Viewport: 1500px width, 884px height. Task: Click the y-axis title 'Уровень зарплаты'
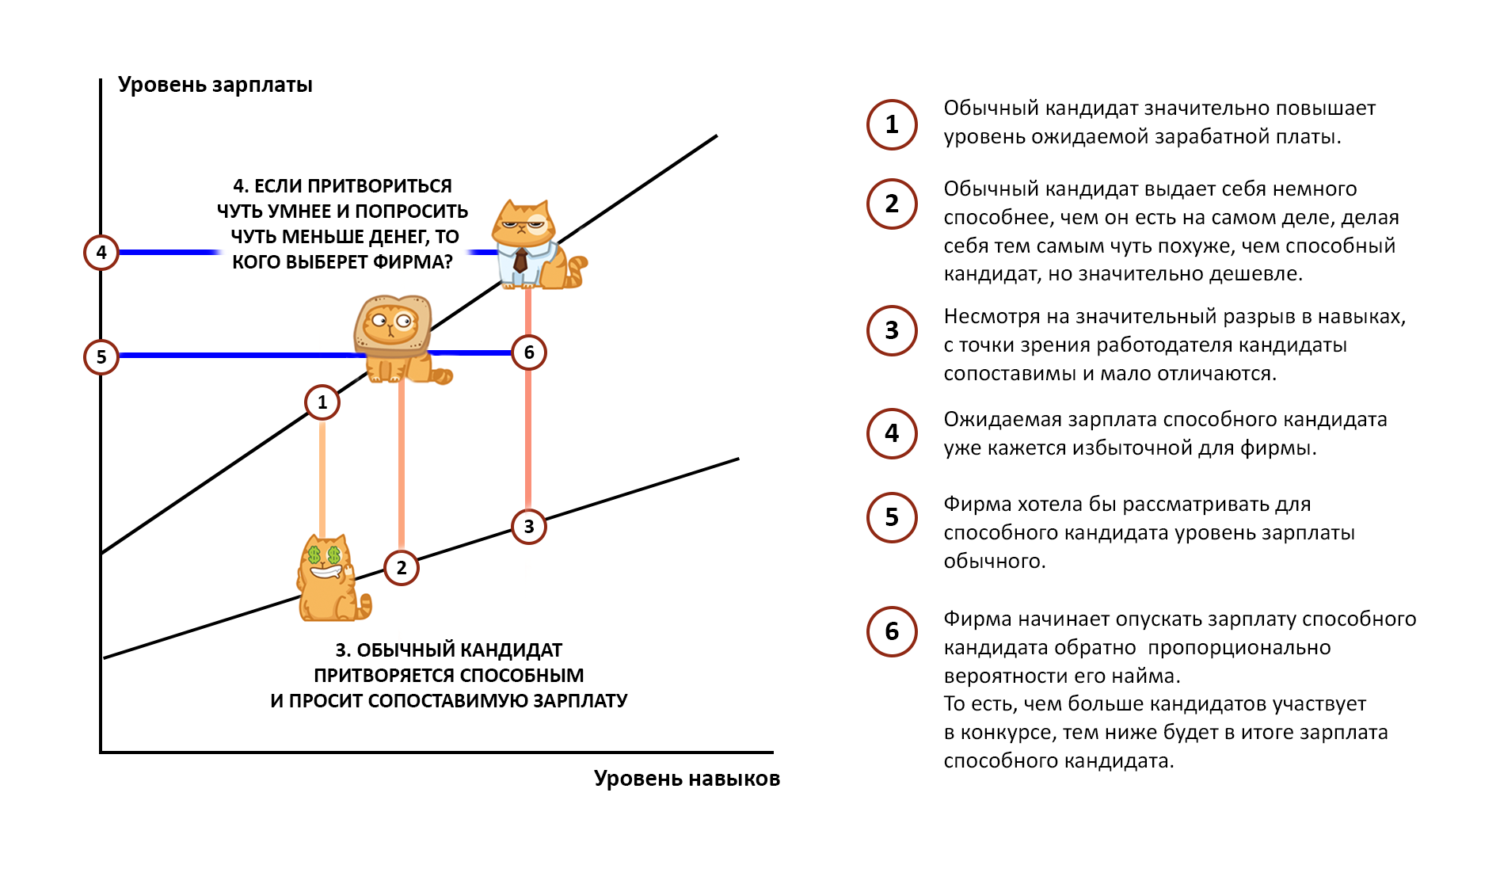(215, 85)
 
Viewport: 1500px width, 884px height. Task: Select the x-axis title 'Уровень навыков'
(687, 779)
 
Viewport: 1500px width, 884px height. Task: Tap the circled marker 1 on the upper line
(322, 402)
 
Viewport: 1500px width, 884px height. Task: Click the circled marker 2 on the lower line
(402, 568)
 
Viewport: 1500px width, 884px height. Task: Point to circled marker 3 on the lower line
(529, 527)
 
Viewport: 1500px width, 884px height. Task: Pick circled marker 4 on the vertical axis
(101, 253)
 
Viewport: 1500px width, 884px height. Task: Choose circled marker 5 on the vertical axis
(101, 357)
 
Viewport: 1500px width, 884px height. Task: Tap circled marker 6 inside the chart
(529, 352)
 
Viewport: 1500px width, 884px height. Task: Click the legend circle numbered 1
(892, 124)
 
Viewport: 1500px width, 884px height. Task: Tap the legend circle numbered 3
(892, 330)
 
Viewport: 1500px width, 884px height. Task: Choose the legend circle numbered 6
(892, 631)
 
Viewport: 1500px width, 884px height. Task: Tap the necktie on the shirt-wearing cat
(520, 260)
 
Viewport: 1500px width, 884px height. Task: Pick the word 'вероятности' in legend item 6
(991, 676)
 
